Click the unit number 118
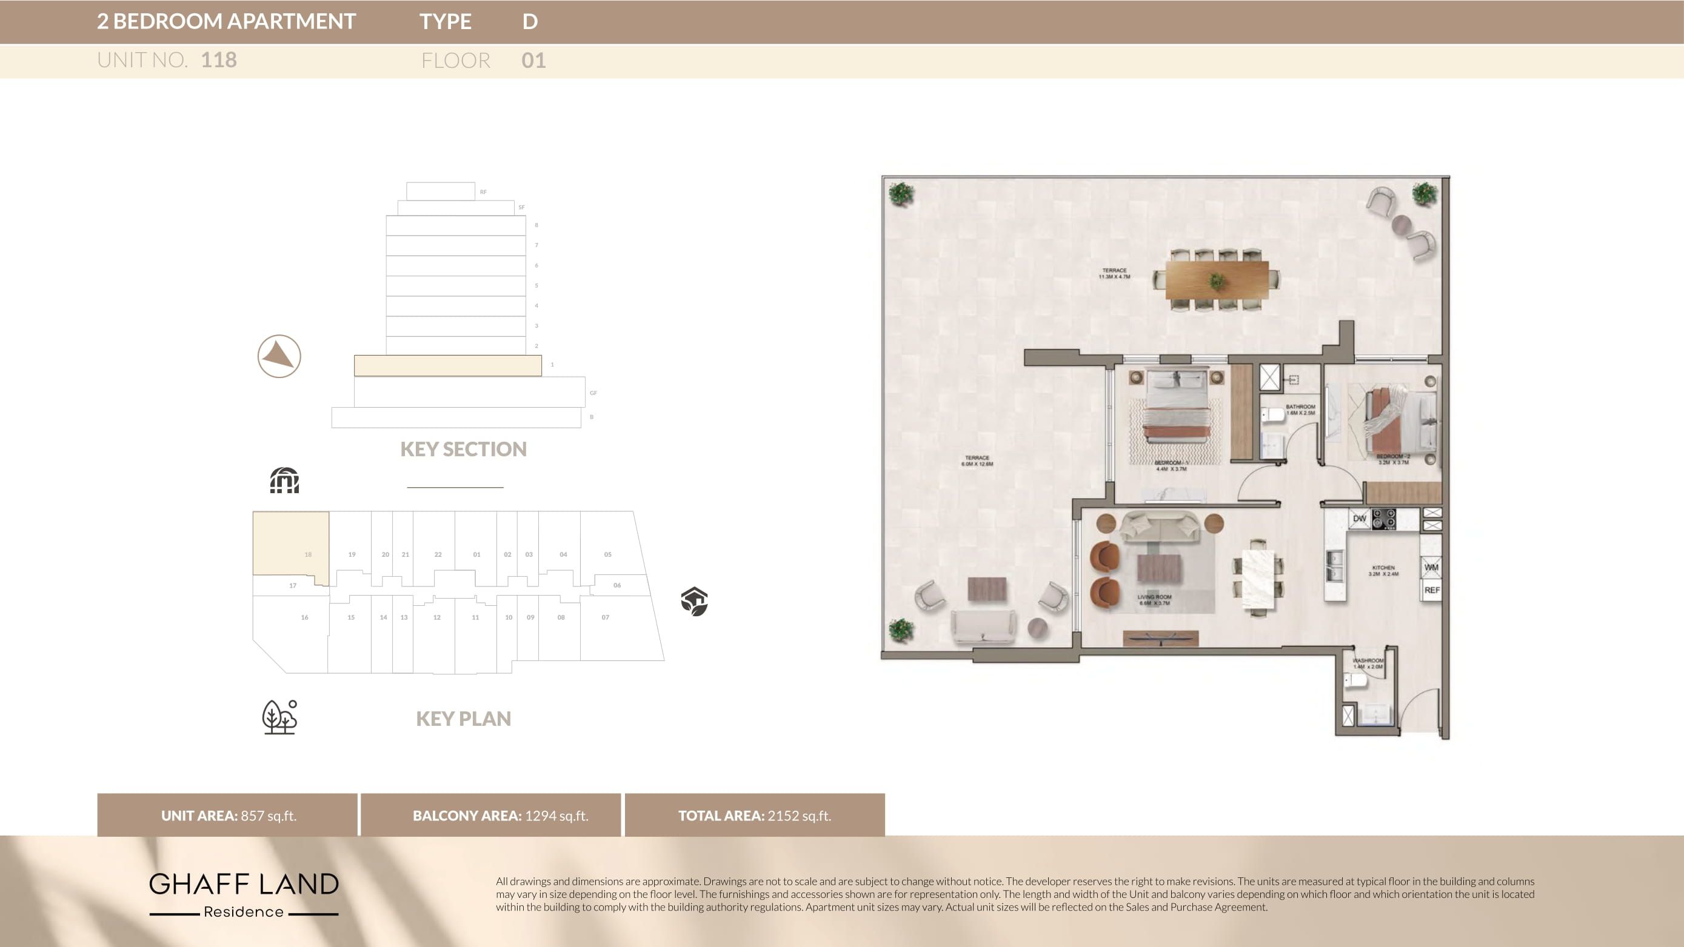(218, 60)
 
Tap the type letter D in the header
(530, 22)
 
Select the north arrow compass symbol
(279, 356)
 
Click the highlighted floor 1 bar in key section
(448, 365)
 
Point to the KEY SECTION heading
(463, 449)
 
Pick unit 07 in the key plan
(606, 617)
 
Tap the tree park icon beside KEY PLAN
(280, 717)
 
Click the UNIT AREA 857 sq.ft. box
(227, 815)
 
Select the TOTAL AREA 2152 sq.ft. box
(754, 815)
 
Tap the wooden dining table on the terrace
(1217, 280)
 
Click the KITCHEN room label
(1383, 571)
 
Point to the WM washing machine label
(1431, 567)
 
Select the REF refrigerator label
(1432, 590)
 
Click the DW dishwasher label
(1360, 519)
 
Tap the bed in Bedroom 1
(1175, 408)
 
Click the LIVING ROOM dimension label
(1154, 600)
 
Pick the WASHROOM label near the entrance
(1368, 663)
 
